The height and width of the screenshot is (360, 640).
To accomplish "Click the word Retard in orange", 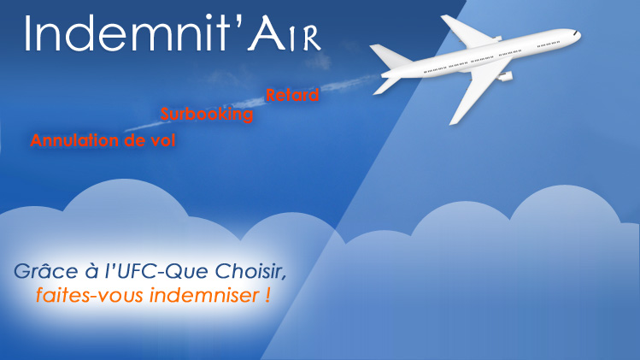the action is tap(292, 95).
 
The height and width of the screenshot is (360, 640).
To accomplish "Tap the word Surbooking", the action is tap(207, 114).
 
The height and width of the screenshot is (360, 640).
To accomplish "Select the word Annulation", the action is tap(74, 140).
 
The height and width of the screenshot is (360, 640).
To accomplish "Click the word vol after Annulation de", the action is tap(163, 140).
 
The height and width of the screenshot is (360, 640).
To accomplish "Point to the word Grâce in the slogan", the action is tap(46, 271).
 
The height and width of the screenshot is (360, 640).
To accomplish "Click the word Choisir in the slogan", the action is tap(250, 271).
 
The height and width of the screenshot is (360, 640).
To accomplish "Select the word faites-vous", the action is tap(91, 295).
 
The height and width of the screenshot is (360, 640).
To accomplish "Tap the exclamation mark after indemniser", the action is tap(267, 295).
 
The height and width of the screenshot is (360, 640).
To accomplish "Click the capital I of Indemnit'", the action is tap(28, 34).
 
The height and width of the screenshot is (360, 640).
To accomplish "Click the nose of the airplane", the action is tap(578, 35).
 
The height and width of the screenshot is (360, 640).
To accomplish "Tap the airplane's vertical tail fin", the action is tap(388, 56).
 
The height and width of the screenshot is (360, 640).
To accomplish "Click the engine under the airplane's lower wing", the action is tap(505, 76).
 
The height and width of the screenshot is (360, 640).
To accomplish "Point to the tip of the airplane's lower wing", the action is tap(452, 122).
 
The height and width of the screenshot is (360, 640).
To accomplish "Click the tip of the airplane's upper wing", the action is tap(444, 18).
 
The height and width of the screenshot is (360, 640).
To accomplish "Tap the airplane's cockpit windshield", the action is tap(575, 32).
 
